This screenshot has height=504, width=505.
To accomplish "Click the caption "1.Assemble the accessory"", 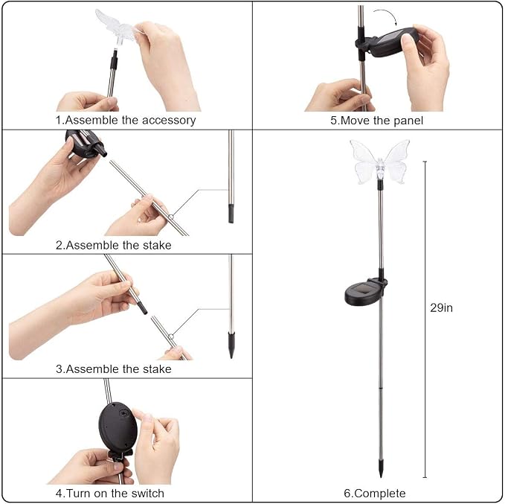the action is click(126, 121).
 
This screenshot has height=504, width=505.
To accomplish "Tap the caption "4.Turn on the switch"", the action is click(110, 494).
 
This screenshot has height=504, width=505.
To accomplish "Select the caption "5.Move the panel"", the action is click(376, 121).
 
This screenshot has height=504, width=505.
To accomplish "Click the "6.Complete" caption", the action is click(375, 494).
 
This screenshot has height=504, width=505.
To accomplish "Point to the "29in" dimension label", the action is click(441, 308).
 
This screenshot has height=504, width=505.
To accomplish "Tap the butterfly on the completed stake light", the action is click(380, 162).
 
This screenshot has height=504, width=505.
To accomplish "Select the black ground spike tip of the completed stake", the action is click(381, 469).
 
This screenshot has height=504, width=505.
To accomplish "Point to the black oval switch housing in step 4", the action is click(118, 426).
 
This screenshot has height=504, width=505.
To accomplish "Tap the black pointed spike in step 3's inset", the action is click(231, 345).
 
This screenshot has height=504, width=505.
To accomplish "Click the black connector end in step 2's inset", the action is click(231, 213).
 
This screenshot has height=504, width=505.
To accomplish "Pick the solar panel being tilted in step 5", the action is click(390, 42).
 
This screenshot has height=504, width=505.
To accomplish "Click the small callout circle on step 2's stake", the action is click(171, 217).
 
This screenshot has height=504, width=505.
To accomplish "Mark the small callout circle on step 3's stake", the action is click(171, 336).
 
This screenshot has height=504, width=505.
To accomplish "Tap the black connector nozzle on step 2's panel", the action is click(100, 150).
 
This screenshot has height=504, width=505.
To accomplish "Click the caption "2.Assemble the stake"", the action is click(113, 246).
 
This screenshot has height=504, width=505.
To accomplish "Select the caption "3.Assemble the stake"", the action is click(113, 369).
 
